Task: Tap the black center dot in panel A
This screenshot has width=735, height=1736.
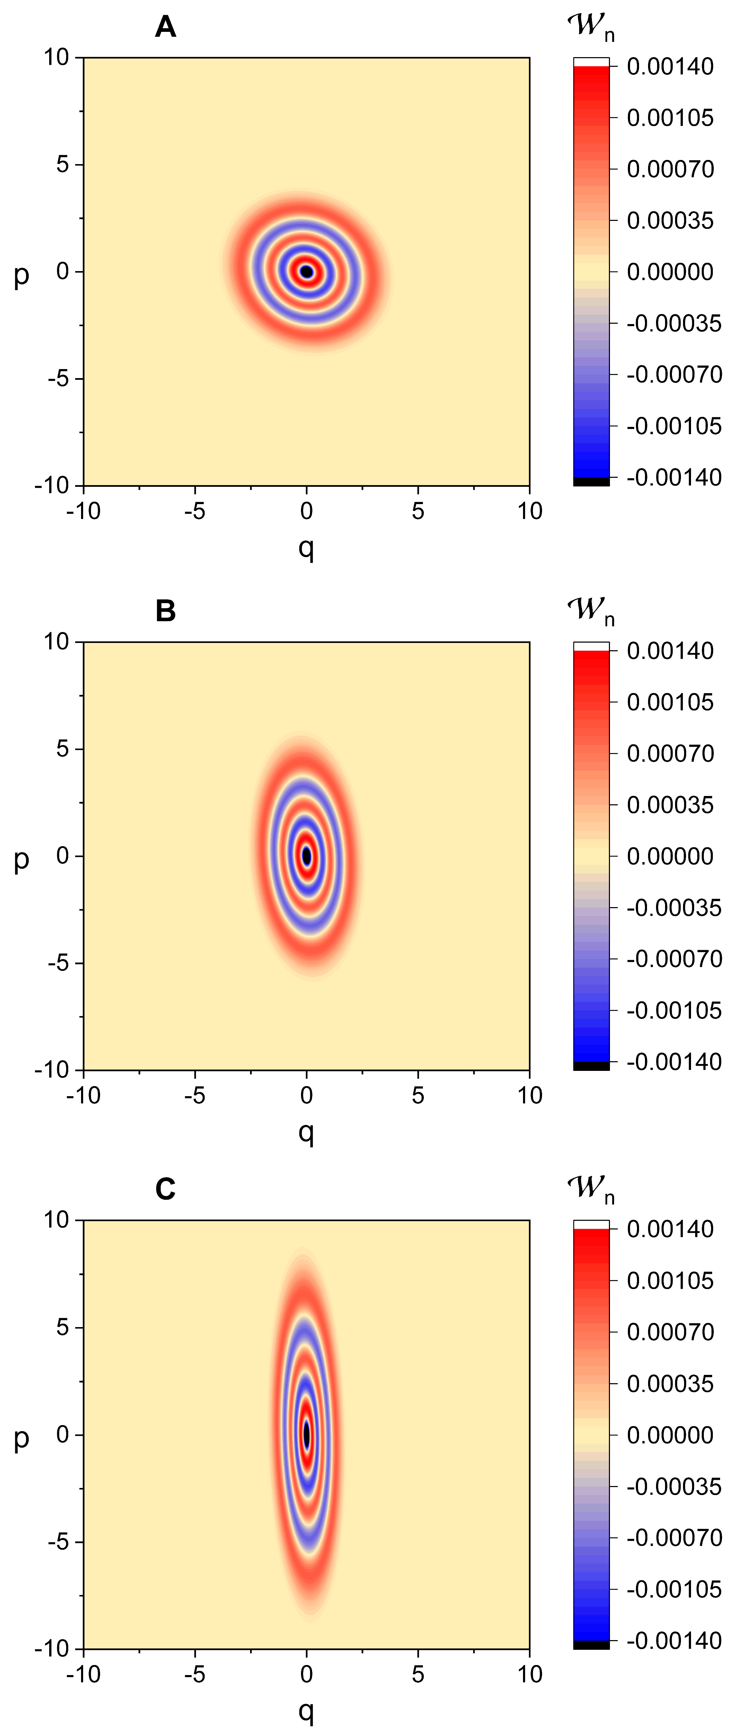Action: click(x=307, y=271)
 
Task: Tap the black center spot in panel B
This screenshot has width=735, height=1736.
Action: click(x=307, y=856)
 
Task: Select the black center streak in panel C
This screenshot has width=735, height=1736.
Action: click(x=307, y=1434)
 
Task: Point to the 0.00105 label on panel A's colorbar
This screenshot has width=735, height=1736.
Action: click(x=670, y=118)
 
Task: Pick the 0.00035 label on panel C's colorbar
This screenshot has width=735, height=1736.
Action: click(x=670, y=1384)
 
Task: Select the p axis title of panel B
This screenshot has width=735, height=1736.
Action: click(x=21, y=859)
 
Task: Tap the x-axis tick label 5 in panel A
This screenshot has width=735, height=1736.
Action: click(x=418, y=511)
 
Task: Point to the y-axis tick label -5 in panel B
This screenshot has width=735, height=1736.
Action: click(x=59, y=963)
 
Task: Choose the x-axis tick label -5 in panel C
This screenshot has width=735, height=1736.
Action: click(x=195, y=1674)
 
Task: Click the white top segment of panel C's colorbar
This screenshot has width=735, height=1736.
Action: click(x=591, y=1224)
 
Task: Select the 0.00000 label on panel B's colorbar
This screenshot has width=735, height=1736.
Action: click(x=670, y=856)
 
